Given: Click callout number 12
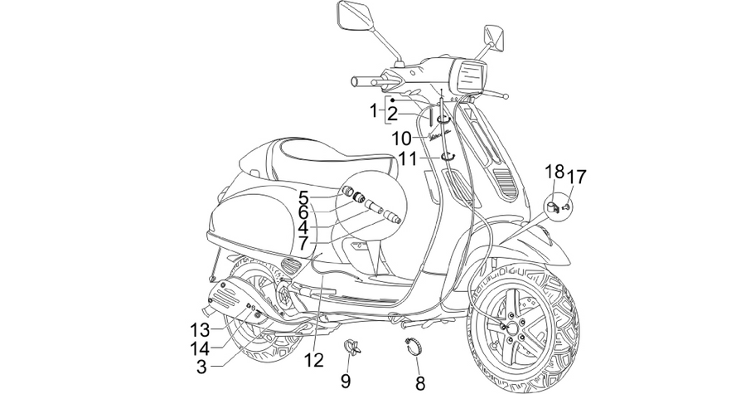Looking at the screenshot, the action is tap(314, 360).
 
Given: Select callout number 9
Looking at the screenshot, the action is tap(346, 380).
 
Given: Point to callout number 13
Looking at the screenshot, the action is tap(201, 329).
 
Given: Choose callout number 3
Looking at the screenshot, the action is tap(201, 367).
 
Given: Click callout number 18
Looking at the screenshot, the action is tap(555, 173).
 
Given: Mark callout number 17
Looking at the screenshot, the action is tap(577, 177).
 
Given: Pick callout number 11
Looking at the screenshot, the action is tap(407, 158).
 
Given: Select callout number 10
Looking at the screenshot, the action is tap(401, 139).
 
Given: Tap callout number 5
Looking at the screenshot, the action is tap(304, 197).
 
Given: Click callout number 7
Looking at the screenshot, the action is tap(304, 244).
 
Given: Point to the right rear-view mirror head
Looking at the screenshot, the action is tap(494, 36).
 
